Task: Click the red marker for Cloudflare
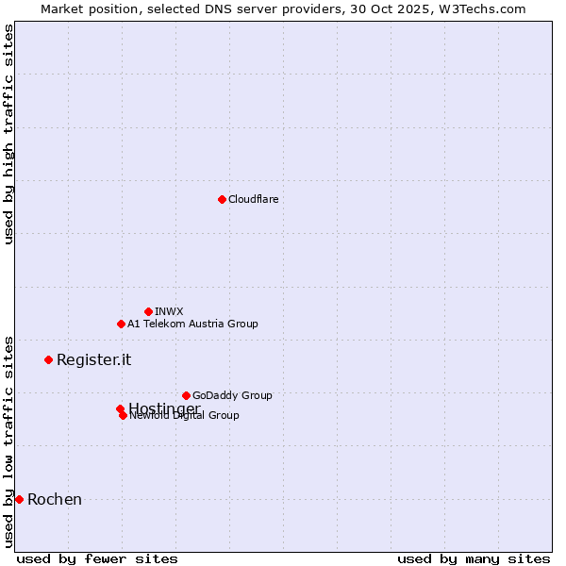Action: pyautogui.click(x=222, y=199)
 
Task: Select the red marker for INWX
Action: pyautogui.click(x=148, y=311)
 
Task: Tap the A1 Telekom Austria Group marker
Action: pyautogui.click(x=121, y=324)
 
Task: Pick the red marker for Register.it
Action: pyautogui.click(x=48, y=359)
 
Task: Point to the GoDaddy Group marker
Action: pyautogui.click(x=186, y=395)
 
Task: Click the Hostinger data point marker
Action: pyautogui.click(x=120, y=408)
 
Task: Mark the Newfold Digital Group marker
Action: pyautogui.click(x=123, y=415)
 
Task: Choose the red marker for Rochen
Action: pyautogui.click(x=19, y=499)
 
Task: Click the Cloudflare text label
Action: pyautogui.click(x=253, y=199)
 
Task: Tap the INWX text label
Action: pyautogui.click(x=169, y=311)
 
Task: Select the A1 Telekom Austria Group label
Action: pyautogui.click(x=192, y=324)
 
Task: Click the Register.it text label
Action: pyautogui.click(x=93, y=359)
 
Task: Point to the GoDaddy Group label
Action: pyautogui.click(x=232, y=395)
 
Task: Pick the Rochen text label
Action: pyautogui.click(x=55, y=499)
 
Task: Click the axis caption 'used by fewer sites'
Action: pyautogui.click(x=97, y=559)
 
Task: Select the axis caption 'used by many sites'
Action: pyautogui.click(x=474, y=559)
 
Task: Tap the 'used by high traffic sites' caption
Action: pyautogui.click(x=9, y=134)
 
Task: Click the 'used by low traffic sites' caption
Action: pyautogui.click(x=9, y=441)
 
